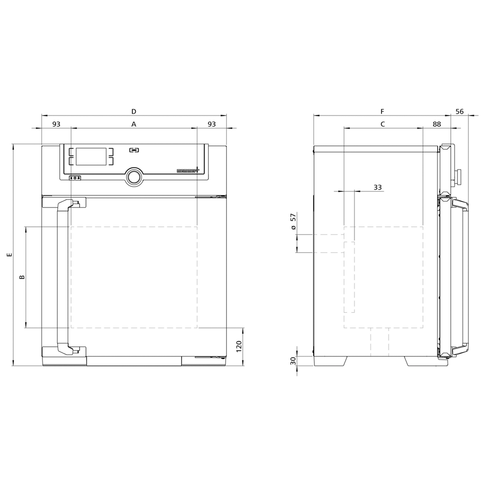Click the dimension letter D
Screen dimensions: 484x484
134,111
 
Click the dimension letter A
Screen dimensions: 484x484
134,124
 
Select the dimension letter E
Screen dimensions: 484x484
9,255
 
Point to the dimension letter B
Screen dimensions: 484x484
22,277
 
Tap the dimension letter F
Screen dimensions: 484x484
382,111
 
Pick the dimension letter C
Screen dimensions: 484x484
383,124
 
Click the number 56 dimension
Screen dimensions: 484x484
460,111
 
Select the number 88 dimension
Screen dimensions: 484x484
437,124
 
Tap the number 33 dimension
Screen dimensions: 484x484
377,187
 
